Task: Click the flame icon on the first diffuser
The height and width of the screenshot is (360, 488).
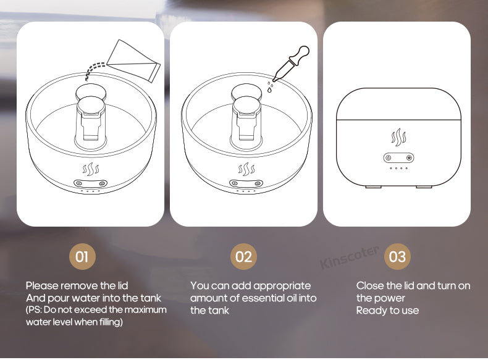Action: [91, 169]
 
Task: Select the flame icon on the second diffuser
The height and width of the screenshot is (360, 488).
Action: [246, 169]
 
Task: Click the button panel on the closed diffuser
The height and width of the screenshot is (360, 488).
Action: [397, 157]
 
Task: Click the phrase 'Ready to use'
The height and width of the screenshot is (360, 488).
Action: [387, 311]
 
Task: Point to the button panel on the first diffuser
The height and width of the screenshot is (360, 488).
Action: [91, 183]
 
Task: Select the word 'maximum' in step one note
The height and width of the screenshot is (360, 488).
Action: [146, 309]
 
